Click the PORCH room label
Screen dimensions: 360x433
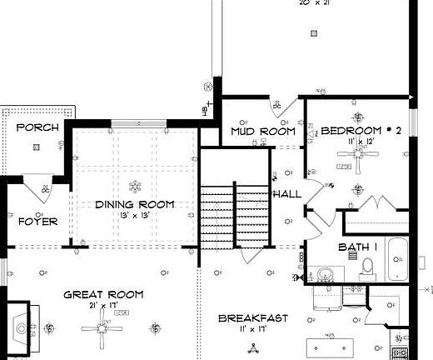tap(37, 127)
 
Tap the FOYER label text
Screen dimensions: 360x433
tap(37, 222)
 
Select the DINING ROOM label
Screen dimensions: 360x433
tap(134, 204)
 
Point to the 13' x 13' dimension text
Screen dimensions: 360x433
tap(134, 216)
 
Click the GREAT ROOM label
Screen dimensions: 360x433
tap(103, 295)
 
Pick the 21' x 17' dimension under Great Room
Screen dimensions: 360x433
tap(103, 306)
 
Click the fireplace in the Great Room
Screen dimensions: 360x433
tap(22, 320)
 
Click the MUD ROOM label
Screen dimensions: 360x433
tap(263, 132)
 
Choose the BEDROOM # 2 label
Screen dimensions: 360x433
tap(361, 131)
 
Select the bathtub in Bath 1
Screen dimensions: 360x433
tap(397, 260)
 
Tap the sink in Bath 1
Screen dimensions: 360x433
tap(325, 274)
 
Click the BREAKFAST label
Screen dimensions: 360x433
tap(252, 318)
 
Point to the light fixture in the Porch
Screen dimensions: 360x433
tap(37, 147)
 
